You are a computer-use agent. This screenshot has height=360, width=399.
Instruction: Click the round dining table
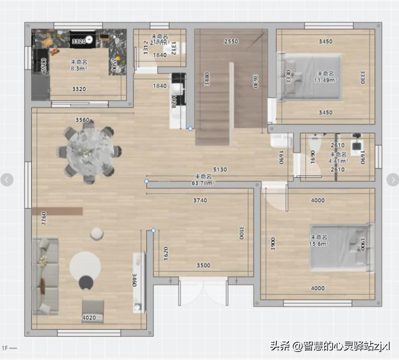point(89,152)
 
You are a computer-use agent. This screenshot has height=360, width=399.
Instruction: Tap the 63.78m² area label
point(204,183)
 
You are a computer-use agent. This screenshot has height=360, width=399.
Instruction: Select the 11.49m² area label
point(326,80)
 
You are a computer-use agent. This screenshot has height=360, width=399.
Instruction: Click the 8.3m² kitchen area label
point(79,68)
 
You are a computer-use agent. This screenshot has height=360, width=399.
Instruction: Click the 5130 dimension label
point(220,169)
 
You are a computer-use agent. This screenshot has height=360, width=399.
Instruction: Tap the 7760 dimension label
point(44,218)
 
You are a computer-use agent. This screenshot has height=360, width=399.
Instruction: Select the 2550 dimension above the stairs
point(231,42)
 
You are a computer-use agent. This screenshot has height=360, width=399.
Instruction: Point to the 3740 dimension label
point(200,201)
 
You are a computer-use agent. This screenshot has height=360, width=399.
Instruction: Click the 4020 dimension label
point(89,317)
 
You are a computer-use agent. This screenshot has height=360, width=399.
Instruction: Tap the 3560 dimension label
point(82,120)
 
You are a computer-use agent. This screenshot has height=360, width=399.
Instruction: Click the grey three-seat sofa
point(45,275)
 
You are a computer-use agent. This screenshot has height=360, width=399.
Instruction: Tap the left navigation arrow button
point(7,179)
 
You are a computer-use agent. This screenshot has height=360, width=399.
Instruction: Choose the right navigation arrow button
point(393,179)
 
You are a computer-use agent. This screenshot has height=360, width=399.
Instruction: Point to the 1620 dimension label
point(165,254)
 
